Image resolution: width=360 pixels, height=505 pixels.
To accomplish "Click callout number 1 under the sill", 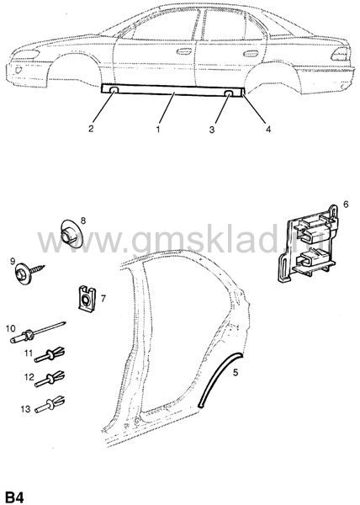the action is pos(158,130).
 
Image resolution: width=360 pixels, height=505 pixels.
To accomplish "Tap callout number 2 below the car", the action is pos(91,129).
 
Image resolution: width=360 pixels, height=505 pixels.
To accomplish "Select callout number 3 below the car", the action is pos(212,130).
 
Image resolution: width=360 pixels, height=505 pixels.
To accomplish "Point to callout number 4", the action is pos(268,129).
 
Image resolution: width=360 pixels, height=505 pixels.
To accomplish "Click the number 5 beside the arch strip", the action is pos(236,373).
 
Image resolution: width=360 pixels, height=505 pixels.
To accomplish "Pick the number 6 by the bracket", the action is pos(346,205).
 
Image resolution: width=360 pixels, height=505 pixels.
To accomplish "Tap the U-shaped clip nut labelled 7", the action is pos(87,300).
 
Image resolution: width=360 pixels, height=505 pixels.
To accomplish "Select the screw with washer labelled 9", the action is pos(29,273).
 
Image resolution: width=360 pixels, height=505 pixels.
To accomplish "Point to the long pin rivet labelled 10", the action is pos(37,332).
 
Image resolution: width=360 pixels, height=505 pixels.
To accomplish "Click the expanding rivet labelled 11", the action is pos(50,354).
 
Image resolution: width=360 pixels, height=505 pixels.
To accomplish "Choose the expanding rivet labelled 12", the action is pos(50,379).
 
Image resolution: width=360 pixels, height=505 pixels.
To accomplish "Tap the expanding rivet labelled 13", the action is pos(50,403).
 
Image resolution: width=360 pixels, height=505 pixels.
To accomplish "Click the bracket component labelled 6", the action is pos(309,245).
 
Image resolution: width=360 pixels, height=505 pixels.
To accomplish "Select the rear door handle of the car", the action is pos(251,53).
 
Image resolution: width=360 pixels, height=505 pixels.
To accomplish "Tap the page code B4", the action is pos(15,497).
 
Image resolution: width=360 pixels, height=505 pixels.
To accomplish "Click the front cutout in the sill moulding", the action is pos(114,91).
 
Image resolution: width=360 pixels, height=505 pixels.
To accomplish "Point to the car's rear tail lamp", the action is pos(341,54).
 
